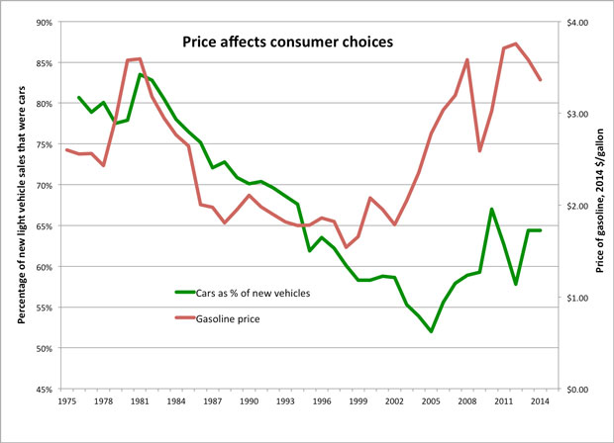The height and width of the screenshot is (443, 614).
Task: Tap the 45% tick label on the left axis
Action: tap(44, 390)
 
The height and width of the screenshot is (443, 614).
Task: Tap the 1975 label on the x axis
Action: tap(67, 403)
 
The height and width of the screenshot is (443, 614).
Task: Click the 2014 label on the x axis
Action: tap(540, 403)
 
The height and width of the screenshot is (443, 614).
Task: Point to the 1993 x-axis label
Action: tap(285, 403)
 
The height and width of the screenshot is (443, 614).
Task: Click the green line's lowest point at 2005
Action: tap(431, 331)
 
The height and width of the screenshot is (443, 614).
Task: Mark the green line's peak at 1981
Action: tap(140, 74)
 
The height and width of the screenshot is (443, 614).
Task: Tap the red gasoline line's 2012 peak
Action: tap(516, 44)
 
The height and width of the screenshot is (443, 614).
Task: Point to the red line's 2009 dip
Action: tap(479, 150)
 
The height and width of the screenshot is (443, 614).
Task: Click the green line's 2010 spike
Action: tap(491, 209)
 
